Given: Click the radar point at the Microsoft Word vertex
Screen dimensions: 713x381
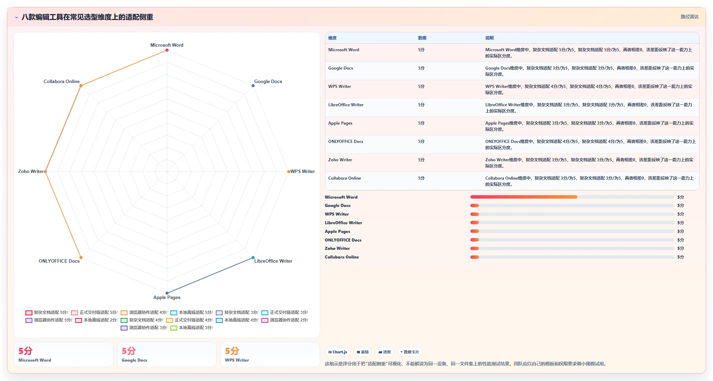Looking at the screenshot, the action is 167,50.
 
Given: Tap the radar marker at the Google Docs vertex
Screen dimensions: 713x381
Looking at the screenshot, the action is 253,85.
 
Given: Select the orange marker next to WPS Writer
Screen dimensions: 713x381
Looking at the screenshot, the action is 288,172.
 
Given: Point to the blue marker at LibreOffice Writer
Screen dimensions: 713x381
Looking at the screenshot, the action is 253,257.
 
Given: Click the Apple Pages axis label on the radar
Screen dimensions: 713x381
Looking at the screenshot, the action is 167,297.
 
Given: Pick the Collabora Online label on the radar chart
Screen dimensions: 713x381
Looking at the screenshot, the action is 62,81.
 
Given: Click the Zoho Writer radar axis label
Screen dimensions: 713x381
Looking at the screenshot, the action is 31,171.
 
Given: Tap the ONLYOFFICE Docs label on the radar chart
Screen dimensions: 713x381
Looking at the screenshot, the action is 59,261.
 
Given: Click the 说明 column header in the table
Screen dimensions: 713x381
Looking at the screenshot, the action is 489,38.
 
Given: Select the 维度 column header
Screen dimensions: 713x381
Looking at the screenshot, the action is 332,38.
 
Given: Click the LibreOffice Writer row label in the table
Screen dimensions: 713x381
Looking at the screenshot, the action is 346,105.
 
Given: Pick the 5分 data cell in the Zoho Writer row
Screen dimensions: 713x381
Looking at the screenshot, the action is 421,160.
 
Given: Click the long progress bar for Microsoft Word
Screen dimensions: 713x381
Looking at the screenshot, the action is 572,197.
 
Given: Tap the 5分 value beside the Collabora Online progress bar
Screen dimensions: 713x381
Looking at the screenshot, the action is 680,257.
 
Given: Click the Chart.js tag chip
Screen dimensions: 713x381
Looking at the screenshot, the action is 337,352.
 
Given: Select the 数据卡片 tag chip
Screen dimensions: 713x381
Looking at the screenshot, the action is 409,352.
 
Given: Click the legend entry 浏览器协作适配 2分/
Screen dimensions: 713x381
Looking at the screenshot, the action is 285,320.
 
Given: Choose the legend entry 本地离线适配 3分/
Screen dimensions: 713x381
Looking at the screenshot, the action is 191,328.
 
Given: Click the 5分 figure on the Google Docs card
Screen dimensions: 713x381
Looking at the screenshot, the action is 128,351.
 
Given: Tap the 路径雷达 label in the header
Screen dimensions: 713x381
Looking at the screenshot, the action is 689,17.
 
